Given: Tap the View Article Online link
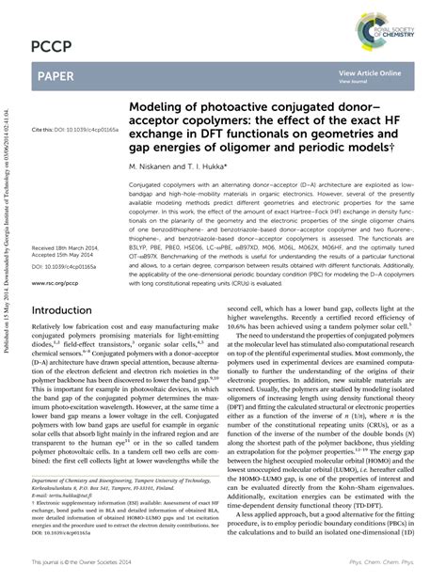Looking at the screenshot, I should click(370, 72).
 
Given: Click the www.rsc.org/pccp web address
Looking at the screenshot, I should click(55, 282).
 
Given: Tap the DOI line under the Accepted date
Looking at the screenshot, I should click(63, 267).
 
